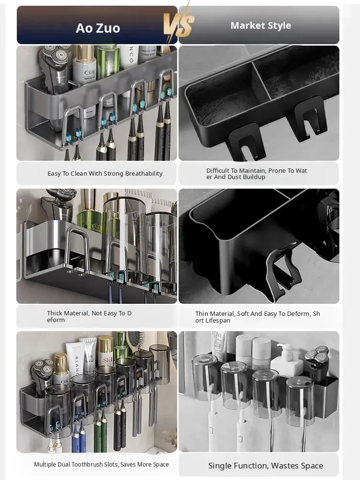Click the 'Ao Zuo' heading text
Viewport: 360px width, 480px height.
pyautogui.click(x=97, y=28)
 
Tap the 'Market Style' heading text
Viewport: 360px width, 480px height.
pyautogui.click(x=261, y=25)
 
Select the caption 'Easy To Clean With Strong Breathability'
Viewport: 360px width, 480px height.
pyautogui.click(x=105, y=174)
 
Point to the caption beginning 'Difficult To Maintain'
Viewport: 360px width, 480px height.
pyautogui.click(x=256, y=174)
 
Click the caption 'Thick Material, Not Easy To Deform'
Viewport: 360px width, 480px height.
pyautogui.click(x=89, y=316)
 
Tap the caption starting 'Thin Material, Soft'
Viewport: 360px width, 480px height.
pyautogui.click(x=257, y=317)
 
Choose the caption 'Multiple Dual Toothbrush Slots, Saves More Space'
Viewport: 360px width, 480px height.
pyautogui.click(x=101, y=464)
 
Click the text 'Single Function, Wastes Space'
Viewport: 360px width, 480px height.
pyautogui.click(x=266, y=466)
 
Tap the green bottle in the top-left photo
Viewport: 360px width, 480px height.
pyautogui.click(x=108, y=60)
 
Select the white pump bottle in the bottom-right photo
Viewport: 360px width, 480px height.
pyautogui.click(x=287, y=361)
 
